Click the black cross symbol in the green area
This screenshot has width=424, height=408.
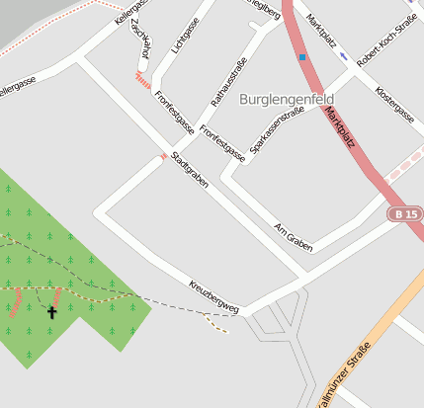tap(52, 312)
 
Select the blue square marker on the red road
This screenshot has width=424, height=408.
tap(302, 57)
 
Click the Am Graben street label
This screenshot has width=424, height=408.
tap(293, 235)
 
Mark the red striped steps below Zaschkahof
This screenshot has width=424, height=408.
tap(143, 75)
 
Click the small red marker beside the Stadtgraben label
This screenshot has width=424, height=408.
tap(163, 156)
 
